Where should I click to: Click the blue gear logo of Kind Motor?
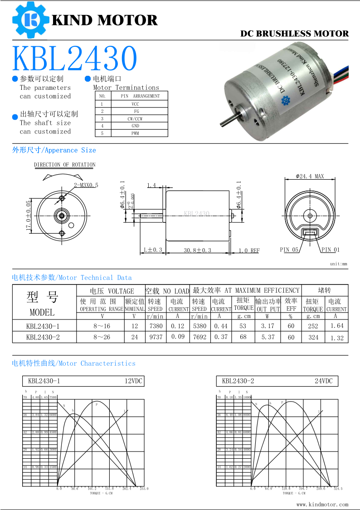coord(30,20)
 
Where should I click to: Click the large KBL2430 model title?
coord(75,59)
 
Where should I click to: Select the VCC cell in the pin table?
coord(136,104)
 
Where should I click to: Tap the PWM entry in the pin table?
coord(135,133)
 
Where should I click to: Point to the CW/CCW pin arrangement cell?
coord(136,118)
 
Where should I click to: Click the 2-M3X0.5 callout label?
coord(86,185)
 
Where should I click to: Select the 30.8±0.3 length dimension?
coord(197,250)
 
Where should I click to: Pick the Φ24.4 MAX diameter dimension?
coord(310,176)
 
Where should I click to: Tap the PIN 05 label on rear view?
coord(289,250)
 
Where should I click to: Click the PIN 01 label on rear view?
coord(330,250)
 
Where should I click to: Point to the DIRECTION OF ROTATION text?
coord(65,165)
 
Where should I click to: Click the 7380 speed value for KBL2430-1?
coord(156,326)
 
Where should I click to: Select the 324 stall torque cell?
coord(313,337)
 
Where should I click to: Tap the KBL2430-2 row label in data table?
coord(43,337)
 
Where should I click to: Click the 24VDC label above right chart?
coord(324,381)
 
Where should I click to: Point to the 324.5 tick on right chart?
coord(337,489)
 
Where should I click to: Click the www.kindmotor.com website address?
coord(322,504)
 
